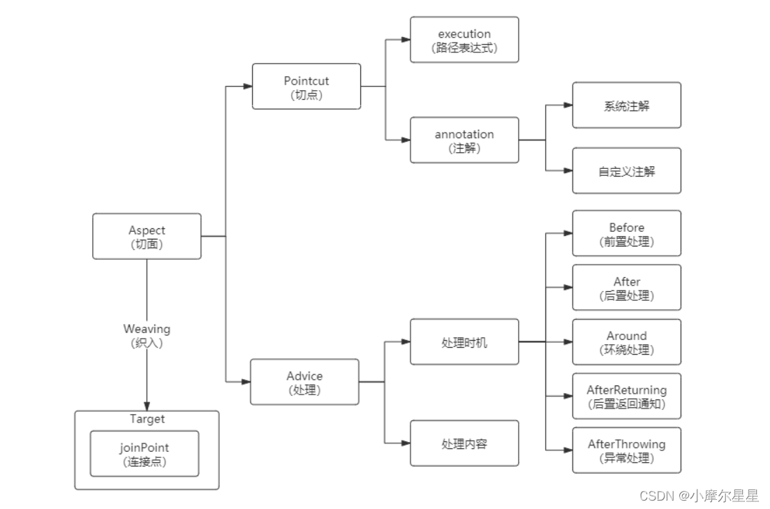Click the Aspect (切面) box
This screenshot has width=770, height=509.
[x=147, y=236]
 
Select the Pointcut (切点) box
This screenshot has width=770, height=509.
[x=306, y=87]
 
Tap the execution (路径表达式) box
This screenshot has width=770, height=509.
[x=464, y=40]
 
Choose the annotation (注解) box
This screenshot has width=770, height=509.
[x=464, y=140]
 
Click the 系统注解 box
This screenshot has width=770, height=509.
[x=626, y=105]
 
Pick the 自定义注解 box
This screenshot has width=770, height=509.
[x=626, y=170]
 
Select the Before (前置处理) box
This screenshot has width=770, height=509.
[x=626, y=234]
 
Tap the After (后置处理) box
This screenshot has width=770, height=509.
[x=626, y=288]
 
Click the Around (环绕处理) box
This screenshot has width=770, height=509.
[x=626, y=342]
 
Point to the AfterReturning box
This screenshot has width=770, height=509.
[x=626, y=396]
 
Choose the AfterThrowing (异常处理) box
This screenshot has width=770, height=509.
[x=626, y=450]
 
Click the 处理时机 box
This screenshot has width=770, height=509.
[x=464, y=342]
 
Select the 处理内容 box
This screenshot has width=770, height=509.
[x=464, y=443]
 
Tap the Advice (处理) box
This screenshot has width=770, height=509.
[x=304, y=382]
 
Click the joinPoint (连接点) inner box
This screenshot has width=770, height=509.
[x=145, y=454]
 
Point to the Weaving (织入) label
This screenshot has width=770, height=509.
[x=147, y=334]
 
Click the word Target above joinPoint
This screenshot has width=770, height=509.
[x=147, y=419]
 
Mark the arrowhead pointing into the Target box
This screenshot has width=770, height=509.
[x=147, y=406]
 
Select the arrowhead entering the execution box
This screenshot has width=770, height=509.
[x=406, y=40]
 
